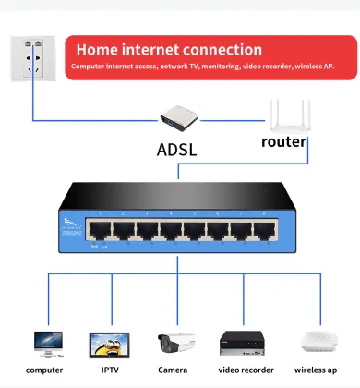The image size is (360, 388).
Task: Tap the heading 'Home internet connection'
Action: pos(169,49)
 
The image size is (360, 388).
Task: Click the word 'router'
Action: pos(283,141)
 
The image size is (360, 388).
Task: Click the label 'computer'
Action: pos(44,370)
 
